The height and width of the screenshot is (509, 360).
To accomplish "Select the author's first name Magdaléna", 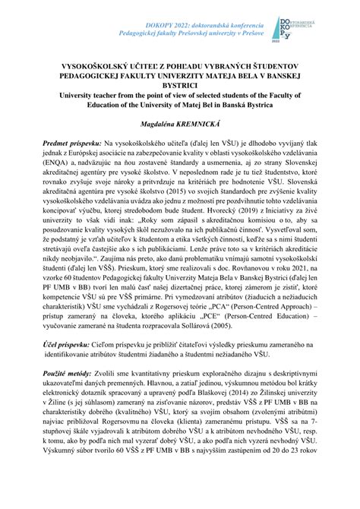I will coord(153,122).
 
